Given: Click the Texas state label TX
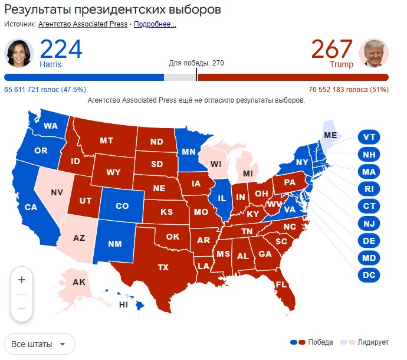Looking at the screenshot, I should click(163, 267).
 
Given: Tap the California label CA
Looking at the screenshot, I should click(31, 207).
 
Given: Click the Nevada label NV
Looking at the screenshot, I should click(57, 192).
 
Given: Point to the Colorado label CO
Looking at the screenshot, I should click(122, 207).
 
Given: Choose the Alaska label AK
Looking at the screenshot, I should click(79, 282).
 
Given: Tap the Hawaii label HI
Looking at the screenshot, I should click(124, 305).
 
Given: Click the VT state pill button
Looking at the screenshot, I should click(369, 137).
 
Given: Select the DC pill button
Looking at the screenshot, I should click(369, 274).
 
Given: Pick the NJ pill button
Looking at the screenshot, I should click(369, 223).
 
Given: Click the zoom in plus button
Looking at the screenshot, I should click(22, 279).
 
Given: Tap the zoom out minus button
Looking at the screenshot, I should click(22, 308).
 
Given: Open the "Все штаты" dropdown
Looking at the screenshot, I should click(39, 344).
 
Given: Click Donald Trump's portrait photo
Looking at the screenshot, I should click(373, 53).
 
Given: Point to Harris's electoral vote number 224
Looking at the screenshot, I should click(61, 50).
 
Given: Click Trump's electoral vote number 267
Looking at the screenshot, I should click(332, 50).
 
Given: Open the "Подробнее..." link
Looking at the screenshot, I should click(155, 24).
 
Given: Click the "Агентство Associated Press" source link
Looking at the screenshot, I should click(83, 24).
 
